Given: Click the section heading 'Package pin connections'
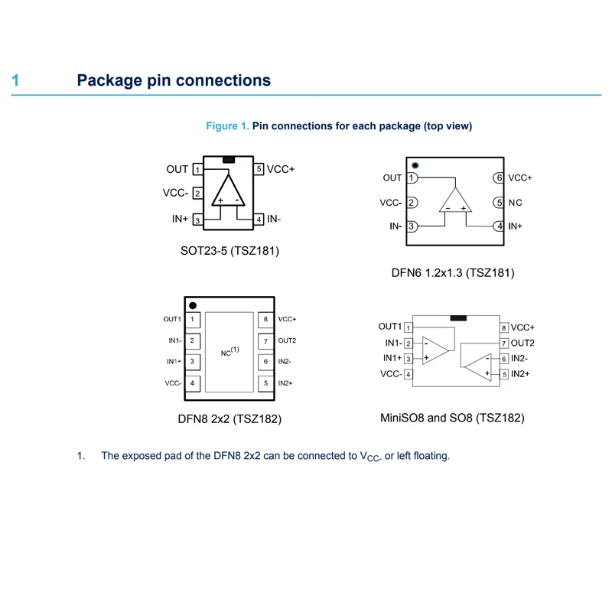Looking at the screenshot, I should point(174,80).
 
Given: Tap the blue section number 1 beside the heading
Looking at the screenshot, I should point(15,80).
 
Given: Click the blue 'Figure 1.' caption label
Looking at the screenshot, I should point(228,126).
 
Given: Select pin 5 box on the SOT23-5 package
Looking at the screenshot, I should point(259,169).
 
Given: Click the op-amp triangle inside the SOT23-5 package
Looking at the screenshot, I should point(228,192).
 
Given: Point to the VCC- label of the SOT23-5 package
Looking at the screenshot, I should point(175,194).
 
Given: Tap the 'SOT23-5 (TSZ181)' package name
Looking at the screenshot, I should point(229,250).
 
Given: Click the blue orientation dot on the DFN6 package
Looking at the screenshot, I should point(415,165).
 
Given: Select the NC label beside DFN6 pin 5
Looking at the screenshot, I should point(516,203).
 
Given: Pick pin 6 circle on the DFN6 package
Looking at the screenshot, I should point(499,178).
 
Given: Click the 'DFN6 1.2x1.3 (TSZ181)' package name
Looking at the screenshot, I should point(453,272).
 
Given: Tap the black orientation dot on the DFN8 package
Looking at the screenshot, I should point(193,305).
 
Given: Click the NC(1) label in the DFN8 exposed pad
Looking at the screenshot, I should point(230,352).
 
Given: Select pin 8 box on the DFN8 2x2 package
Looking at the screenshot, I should point(265,319).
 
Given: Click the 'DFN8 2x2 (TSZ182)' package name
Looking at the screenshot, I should point(229,419).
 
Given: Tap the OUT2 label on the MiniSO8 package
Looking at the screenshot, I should point(522,343).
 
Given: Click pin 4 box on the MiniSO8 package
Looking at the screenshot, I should point(409,375).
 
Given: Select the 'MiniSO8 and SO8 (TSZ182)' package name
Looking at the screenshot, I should point(452,418).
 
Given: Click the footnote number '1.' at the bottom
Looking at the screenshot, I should point(80,456).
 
